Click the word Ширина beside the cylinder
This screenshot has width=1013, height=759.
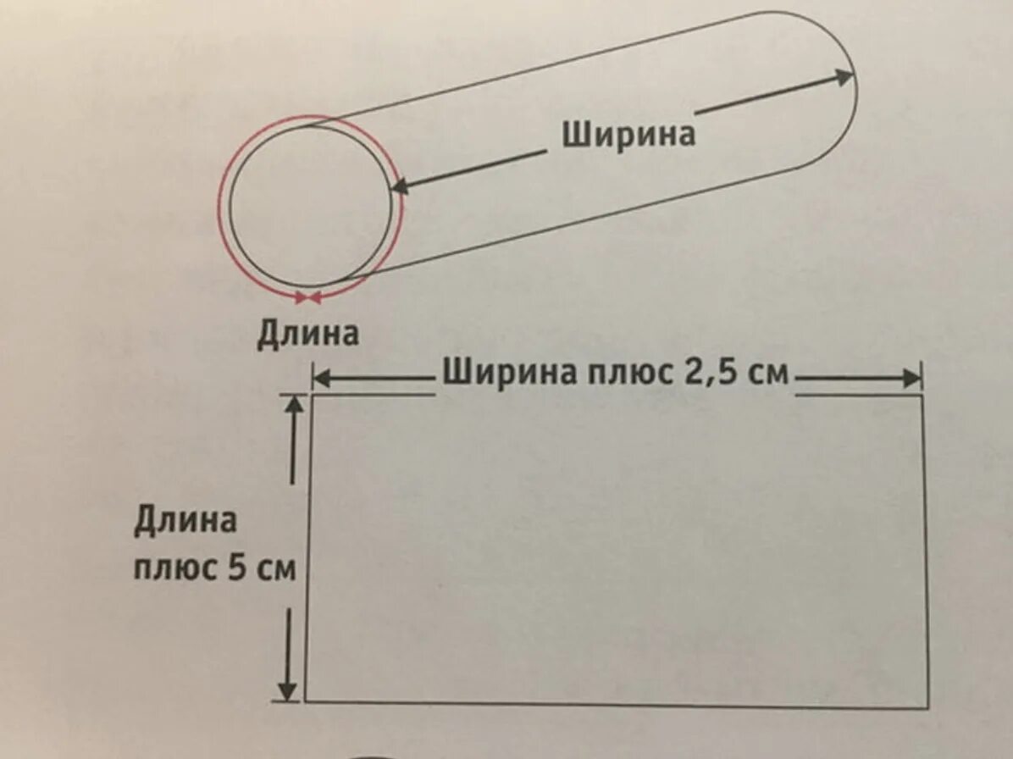pos(628,133)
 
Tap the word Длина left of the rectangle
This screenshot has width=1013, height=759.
pos(185,520)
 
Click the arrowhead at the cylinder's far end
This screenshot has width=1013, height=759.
pos(844,77)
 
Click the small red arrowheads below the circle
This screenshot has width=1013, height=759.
pos(307,296)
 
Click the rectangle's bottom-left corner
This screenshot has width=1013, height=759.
pos(305,701)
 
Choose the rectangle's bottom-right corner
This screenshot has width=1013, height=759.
pos(927,706)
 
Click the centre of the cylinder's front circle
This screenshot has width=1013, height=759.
pos(310,207)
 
